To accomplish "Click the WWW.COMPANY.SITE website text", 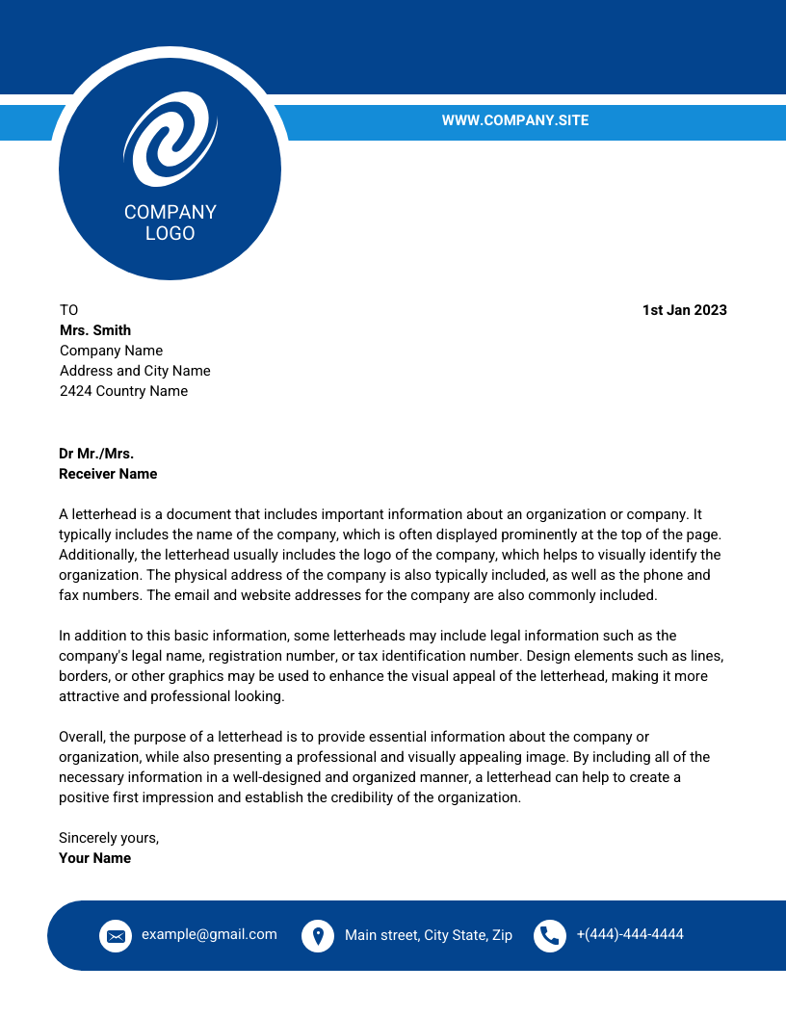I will [x=514, y=120].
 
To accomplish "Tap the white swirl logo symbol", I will [x=170, y=139].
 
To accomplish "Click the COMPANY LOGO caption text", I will [x=170, y=222].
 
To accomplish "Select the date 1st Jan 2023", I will [x=684, y=310].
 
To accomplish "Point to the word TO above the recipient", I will [x=68, y=310].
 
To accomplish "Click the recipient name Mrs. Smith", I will [x=95, y=330].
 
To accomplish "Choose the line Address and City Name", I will [x=135, y=371].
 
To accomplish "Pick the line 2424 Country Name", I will [x=123, y=391].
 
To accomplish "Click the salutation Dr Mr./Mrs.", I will [x=96, y=454].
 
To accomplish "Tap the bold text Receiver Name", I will [x=108, y=474].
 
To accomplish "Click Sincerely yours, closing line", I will [x=109, y=838].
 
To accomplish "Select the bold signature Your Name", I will [x=94, y=858].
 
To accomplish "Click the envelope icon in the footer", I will [x=116, y=935].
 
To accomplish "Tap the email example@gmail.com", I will [x=209, y=934].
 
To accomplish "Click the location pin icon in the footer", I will [x=318, y=935].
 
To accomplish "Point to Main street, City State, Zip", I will [x=429, y=935].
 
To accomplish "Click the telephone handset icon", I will [x=550, y=935].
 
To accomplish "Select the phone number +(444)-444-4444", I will [x=630, y=934].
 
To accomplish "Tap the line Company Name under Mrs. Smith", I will [x=111, y=351].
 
